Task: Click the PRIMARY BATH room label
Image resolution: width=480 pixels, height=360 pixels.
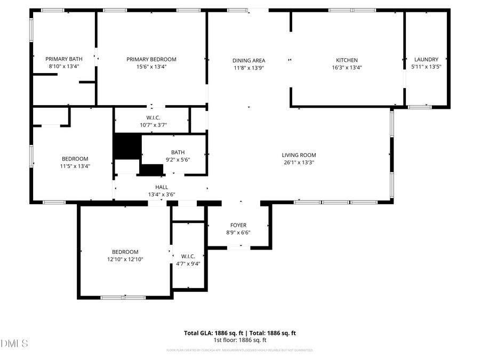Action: pyautogui.click(x=64, y=59)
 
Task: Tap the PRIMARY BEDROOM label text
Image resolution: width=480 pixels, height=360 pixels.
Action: pyautogui.click(x=151, y=59)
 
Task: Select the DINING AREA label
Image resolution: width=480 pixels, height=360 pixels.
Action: pyautogui.click(x=249, y=60)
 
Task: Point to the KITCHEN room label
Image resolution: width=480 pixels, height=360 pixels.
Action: pyautogui.click(x=347, y=60)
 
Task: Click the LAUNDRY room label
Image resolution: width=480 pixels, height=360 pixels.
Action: pyautogui.click(x=426, y=59)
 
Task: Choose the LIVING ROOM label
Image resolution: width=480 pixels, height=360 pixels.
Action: pyautogui.click(x=299, y=155)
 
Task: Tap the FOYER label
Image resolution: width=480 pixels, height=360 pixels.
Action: pyautogui.click(x=238, y=225)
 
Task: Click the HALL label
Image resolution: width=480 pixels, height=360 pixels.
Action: pyautogui.click(x=162, y=187)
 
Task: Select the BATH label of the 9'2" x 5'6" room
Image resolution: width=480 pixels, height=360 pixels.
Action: pyautogui.click(x=178, y=152)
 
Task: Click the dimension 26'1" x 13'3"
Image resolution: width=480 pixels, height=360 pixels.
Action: pyautogui.click(x=299, y=163)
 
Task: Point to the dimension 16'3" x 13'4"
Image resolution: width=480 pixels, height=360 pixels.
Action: pyautogui.click(x=347, y=68)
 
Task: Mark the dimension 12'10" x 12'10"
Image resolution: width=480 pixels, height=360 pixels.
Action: pyautogui.click(x=125, y=259)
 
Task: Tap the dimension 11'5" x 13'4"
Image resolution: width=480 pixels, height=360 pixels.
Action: pyautogui.click(x=75, y=166)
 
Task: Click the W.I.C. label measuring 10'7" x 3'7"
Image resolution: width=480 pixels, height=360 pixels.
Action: pyautogui.click(x=153, y=117)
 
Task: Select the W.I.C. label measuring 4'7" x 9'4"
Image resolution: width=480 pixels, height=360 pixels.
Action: pyautogui.click(x=188, y=256)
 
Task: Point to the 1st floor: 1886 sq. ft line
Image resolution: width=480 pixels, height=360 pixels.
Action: pyautogui.click(x=240, y=340)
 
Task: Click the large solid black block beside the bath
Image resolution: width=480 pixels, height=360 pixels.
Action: pyautogui.click(x=126, y=146)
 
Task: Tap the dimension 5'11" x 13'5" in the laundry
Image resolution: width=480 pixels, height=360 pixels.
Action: pyautogui.click(x=426, y=67)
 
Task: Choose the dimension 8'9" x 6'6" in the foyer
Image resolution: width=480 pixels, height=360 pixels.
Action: pyautogui.click(x=238, y=233)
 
